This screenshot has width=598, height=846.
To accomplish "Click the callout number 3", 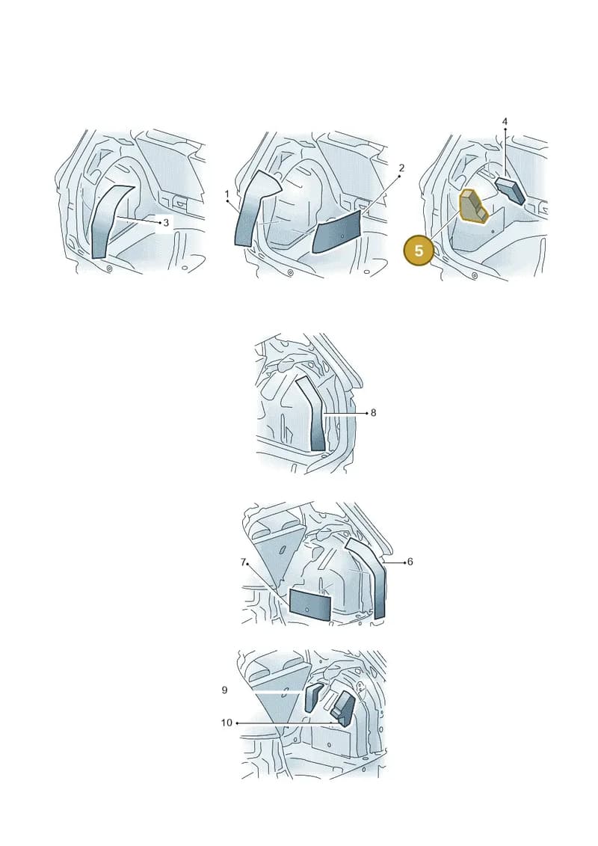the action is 166,222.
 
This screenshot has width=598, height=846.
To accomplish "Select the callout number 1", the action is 227,194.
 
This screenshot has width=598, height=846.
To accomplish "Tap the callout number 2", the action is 401,168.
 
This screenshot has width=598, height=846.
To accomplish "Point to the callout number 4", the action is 505,122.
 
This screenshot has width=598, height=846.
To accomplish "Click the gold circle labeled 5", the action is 419,251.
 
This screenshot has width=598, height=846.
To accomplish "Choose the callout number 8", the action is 373,413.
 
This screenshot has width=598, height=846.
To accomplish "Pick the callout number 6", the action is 410,562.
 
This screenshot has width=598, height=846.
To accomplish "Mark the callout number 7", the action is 243,563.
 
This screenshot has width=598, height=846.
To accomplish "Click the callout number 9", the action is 224,690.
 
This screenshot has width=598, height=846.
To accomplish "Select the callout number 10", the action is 226,723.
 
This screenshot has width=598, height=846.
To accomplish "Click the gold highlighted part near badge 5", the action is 472,206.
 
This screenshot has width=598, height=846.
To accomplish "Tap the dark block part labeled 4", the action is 510,191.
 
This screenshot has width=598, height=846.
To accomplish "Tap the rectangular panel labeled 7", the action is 310,604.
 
